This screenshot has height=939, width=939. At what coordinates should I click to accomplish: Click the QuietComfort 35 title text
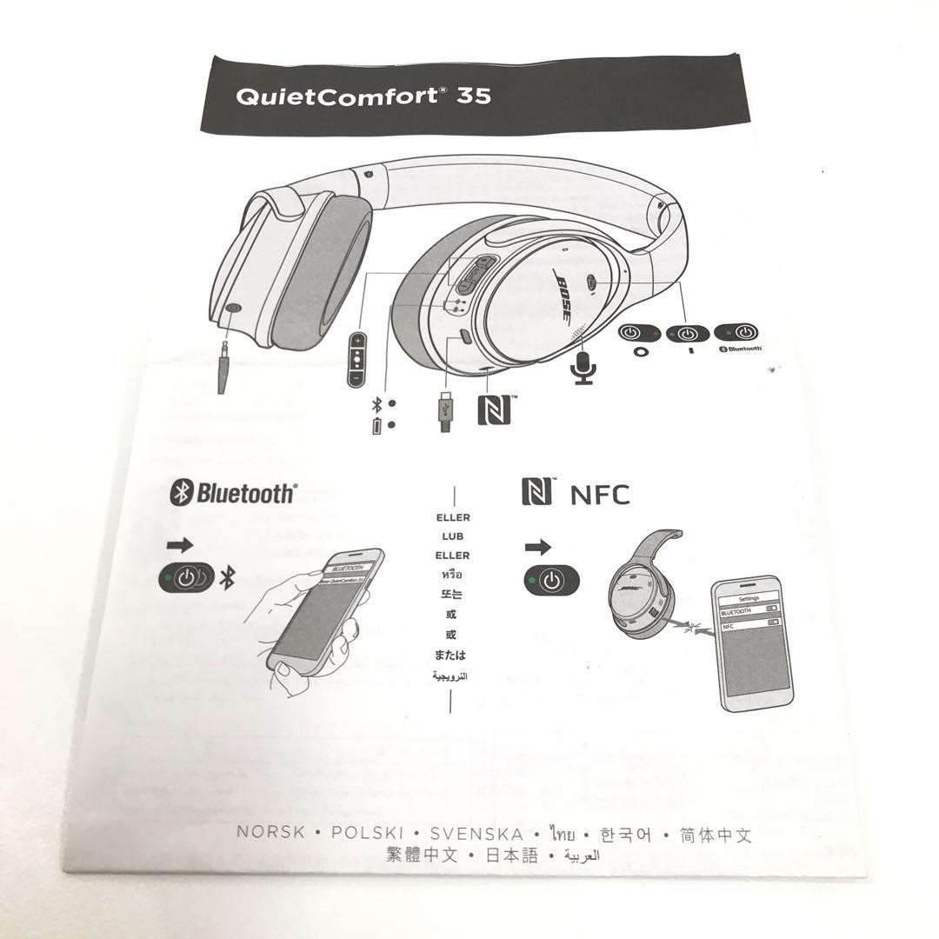click(363, 95)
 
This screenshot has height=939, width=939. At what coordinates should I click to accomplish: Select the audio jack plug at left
click(224, 366)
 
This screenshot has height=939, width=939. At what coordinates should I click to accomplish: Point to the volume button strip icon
click(356, 358)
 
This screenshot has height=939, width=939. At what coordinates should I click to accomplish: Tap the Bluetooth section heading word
click(245, 494)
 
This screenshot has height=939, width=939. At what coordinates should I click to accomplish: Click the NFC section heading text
click(599, 495)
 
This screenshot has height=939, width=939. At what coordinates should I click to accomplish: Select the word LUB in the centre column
click(453, 536)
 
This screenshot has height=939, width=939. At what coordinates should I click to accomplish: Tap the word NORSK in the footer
click(271, 832)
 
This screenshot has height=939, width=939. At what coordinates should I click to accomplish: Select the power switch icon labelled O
click(640, 333)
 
